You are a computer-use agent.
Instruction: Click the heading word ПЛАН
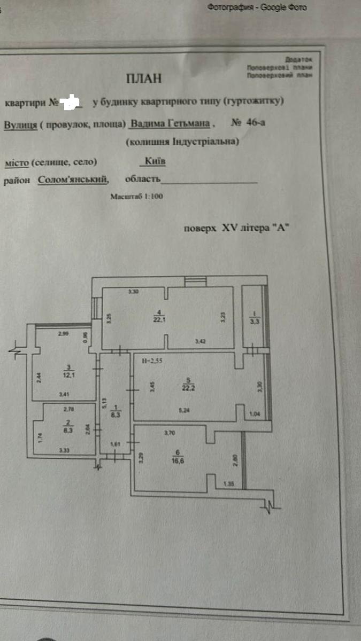143,78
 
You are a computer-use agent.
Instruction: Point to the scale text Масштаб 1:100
136,197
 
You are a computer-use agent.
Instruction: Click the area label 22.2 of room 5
187,388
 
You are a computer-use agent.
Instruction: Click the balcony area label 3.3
254,321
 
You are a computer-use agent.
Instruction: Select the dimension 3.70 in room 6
170,433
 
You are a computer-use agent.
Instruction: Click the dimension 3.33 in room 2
65,450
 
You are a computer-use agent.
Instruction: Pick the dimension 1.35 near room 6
229,484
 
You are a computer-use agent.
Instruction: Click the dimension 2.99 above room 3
64,333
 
